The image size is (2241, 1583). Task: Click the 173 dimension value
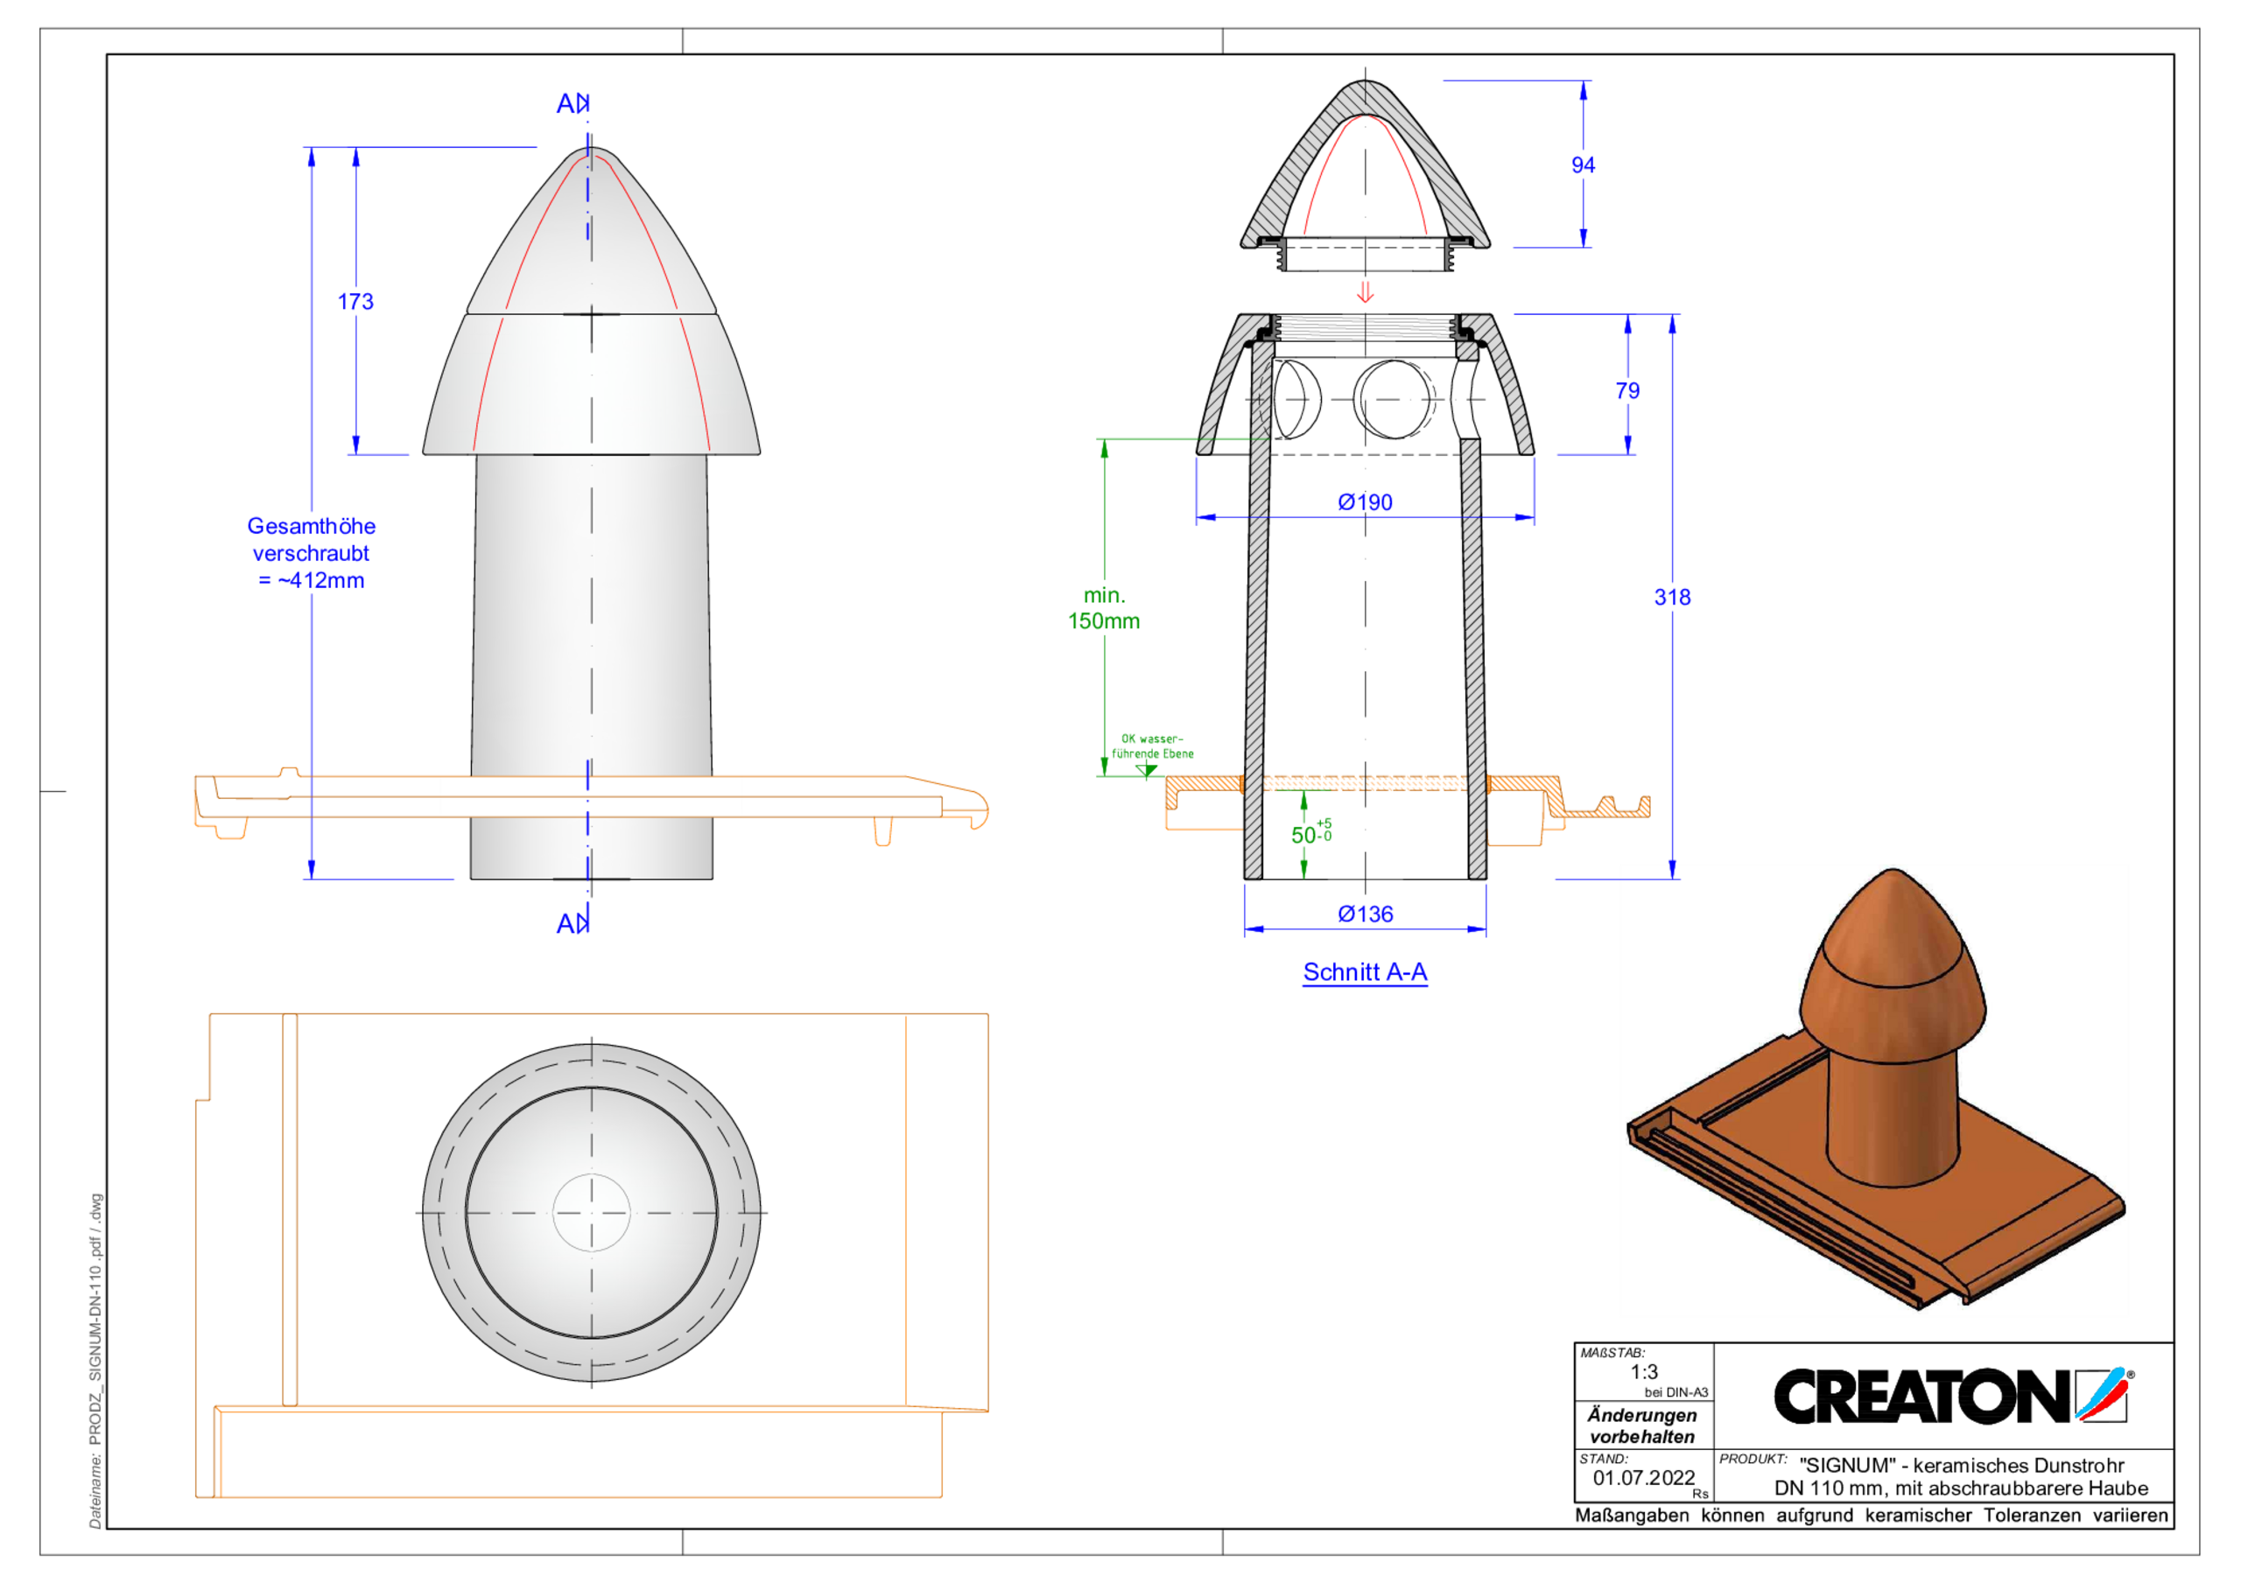[x=355, y=302]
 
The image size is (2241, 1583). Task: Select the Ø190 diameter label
[x=1365, y=501]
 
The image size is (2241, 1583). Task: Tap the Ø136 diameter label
[x=1365, y=914]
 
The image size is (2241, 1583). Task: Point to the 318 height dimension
[x=1671, y=598]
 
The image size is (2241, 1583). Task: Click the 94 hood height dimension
[x=1582, y=165]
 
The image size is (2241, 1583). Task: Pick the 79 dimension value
[x=1627, y=390]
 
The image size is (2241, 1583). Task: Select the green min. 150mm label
[x=1104, y=608]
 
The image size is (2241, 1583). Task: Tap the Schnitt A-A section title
[x=1365, y=972]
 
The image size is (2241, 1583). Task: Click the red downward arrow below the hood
[x=1365, y=291]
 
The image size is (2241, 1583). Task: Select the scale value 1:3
[x=1644, y=1371]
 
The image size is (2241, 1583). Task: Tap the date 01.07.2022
[x=1643, y=1478]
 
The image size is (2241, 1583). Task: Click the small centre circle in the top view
[x=592, y=1212]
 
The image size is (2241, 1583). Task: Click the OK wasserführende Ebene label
[x=1152, y=746]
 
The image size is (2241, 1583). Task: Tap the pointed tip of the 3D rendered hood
[x=1893, y=872]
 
